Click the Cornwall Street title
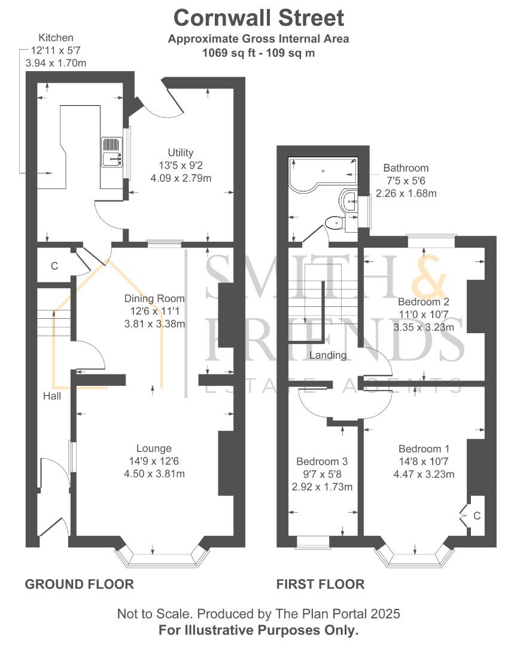258,18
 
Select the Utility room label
181,153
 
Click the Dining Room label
154,298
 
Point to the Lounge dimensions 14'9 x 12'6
154,461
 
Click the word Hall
51,395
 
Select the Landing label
328,355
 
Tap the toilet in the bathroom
333,223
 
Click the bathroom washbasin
348,200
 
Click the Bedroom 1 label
424,449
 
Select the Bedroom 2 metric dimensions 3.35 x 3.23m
424,327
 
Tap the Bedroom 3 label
321,462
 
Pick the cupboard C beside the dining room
54,266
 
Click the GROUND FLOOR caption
79,584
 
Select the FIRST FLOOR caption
320,584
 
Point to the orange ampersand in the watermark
430,277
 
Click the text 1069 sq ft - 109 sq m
258,53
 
